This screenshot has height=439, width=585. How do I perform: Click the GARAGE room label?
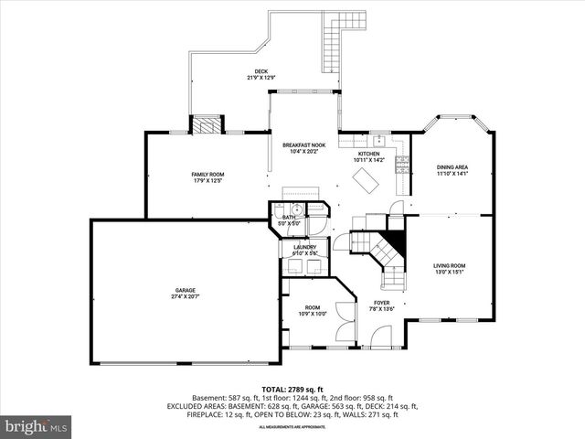pos(186,290)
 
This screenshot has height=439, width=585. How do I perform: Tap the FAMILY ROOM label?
pos(207,174)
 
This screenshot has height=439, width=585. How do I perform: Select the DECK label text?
pos(261,71)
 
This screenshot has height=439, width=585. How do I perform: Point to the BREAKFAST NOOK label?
pos(303,145)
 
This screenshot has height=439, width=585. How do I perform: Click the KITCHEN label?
pos(368,154)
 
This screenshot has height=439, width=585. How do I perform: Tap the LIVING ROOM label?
pos(449,266)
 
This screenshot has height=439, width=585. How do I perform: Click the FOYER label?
pos(381,303)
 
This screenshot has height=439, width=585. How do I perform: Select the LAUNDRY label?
pos(304,247)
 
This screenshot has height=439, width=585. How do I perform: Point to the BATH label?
pos(288,217)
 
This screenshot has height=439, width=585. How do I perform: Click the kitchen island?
pos(368,183)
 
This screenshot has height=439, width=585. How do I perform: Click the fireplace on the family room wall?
pos(207,124)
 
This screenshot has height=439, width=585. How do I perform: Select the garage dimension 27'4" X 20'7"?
pos(186,297)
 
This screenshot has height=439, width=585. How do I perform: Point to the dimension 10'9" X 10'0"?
pos(313,314)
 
